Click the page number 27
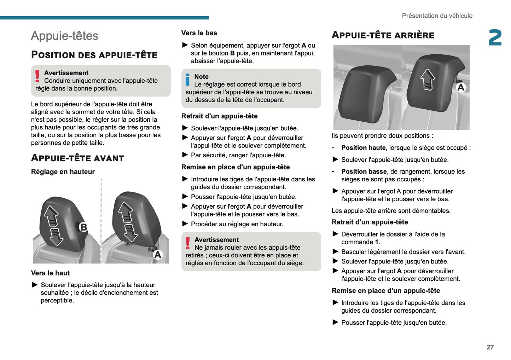tap(490, 347)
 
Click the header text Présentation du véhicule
tap(437, 16)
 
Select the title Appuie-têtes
tap(64, 36)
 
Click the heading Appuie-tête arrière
tap(383, 35)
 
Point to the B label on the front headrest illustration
tap(83, 227)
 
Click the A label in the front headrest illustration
tap(158, 255)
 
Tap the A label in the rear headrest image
tap(460, 87)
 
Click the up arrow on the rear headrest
tap(428, 79)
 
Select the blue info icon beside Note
tap(187, 80)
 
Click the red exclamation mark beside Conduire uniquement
tap(37, 76)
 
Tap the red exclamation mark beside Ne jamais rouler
tap(187, 243)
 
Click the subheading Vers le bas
tap(199, 33)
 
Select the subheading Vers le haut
tap(50, 273)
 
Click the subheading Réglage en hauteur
tap(63, 172)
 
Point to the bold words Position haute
tap(363, 148)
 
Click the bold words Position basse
tap(364, 172)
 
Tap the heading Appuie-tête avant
tap(77, 158)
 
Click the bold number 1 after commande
tap(377, 242)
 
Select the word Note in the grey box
tap(201, 77)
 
